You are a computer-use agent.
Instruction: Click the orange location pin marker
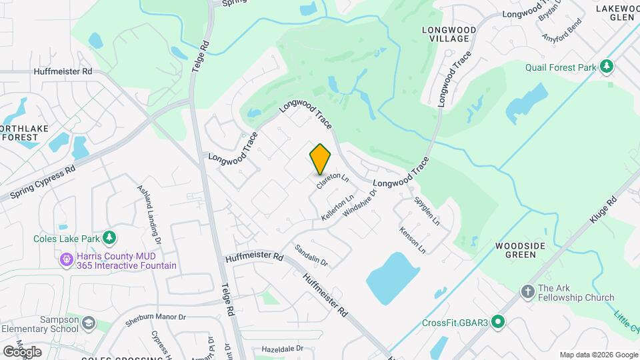[x=320, y=159]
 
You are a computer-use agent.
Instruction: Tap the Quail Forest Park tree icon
[x=606, y=66]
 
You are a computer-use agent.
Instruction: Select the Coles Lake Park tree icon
[x=109, y=238]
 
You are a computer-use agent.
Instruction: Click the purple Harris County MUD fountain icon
[x=66, y=259]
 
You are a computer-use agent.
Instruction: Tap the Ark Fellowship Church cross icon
[x=527, y=293]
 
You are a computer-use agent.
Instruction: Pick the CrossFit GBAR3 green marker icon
[x=498, y=323]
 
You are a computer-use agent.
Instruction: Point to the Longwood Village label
[x=449, y=35]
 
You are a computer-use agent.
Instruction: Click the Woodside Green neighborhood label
[x=521, y=250]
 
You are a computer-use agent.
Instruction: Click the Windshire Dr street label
[x=360, y=203]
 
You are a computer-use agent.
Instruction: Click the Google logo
[x=22, y=351]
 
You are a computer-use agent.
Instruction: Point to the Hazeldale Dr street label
[x=282, y=349]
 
